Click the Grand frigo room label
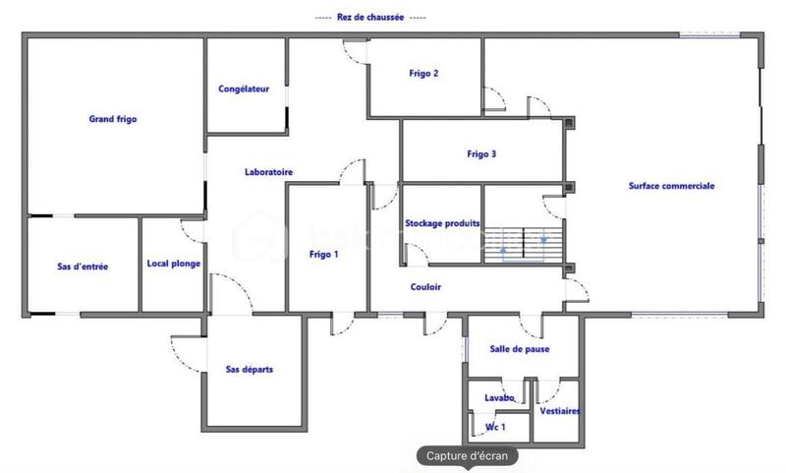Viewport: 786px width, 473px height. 113,119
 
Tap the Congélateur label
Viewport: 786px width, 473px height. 244,89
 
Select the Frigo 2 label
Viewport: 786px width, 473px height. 423,74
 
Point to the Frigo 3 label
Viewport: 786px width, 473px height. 481,153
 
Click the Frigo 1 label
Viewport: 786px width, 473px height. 323,255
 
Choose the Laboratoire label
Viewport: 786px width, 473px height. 268,172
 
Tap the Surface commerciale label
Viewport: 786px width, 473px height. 672,185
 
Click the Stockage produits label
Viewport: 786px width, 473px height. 442,224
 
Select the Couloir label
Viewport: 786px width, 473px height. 425,287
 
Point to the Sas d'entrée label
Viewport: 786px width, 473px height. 84,266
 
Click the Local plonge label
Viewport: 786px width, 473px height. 174,264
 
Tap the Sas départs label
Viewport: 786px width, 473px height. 250,370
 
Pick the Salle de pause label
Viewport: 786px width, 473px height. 520,349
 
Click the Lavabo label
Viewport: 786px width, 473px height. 499,397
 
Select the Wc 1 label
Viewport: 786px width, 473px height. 496,427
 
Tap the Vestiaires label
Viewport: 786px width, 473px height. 560,411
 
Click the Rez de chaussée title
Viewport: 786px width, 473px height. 371,18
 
